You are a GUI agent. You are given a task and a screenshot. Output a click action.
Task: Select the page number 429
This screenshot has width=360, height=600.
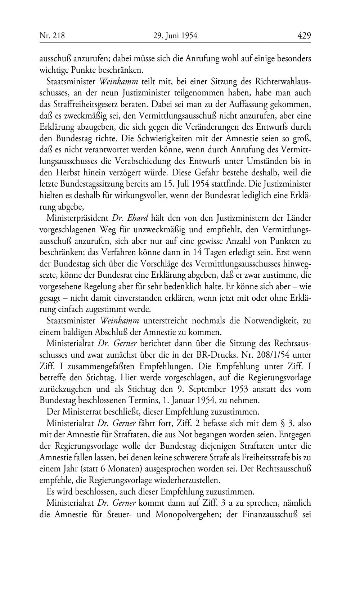point(304,36)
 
